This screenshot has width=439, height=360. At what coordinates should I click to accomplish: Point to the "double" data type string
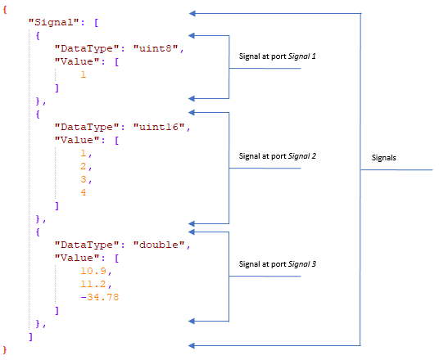coord(161,245)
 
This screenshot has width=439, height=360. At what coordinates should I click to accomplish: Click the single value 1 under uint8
coord(83,74)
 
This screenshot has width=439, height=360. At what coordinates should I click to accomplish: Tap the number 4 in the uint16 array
coord(83,192)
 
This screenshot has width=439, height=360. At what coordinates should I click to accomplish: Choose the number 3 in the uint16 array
coord(83,179)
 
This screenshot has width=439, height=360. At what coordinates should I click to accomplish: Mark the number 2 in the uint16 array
coord(83,166)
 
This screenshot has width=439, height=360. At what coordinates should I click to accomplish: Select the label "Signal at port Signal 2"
coord(277,155)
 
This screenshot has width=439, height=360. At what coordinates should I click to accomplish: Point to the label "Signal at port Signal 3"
coord(277,264)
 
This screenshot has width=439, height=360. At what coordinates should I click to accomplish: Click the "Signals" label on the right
coord(385,157)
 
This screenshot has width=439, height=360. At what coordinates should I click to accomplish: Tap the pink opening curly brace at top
coord(7,7)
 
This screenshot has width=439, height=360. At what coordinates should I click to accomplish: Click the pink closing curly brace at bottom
coord(7,349)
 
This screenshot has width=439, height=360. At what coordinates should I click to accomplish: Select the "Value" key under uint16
coord(76,140)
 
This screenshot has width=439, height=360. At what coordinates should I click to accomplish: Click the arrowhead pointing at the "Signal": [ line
coord(192,13)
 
